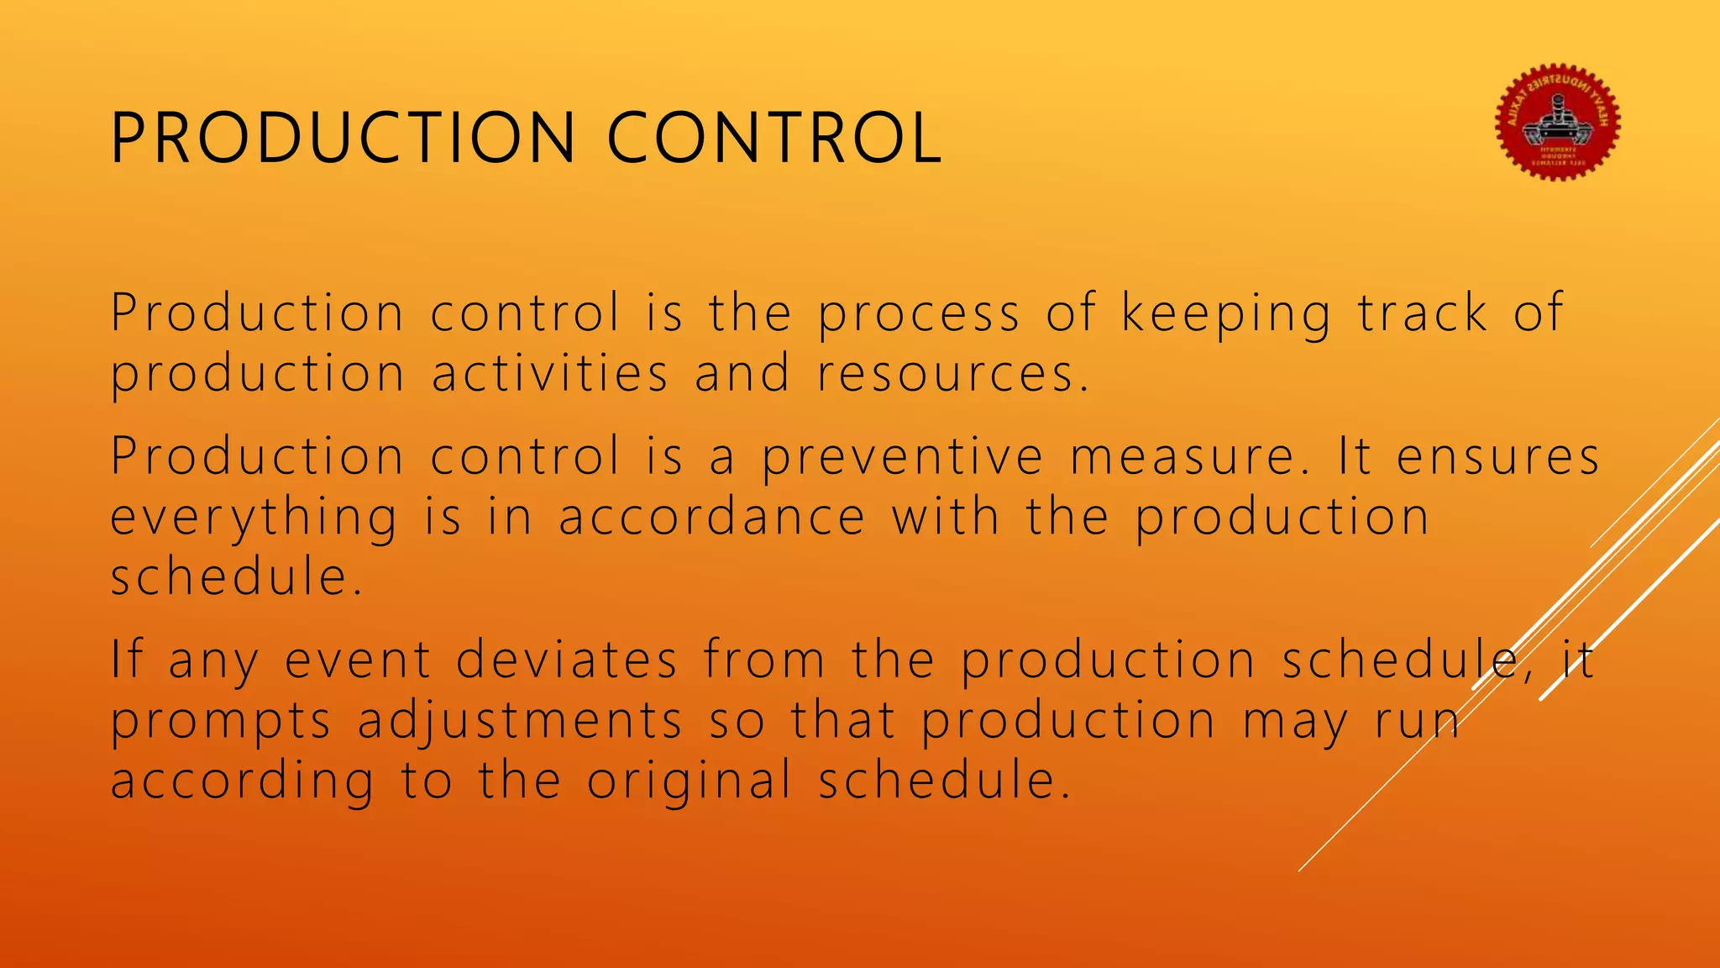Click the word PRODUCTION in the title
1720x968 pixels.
coord(343,138)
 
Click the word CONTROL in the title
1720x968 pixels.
coord(773,138)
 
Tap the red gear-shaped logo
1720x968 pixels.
coord(1558,123)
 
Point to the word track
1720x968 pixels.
coord(1423,313)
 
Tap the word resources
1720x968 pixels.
coord(952,375)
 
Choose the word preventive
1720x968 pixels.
coord(903,459)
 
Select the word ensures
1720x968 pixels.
coord(1498,457)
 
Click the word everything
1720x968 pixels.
coord(254,518)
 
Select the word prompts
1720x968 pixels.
coord(221,723)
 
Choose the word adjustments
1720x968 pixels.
coord(520,723)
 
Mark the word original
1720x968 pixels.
coord(689,781)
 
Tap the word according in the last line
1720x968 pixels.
coord(242,781)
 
